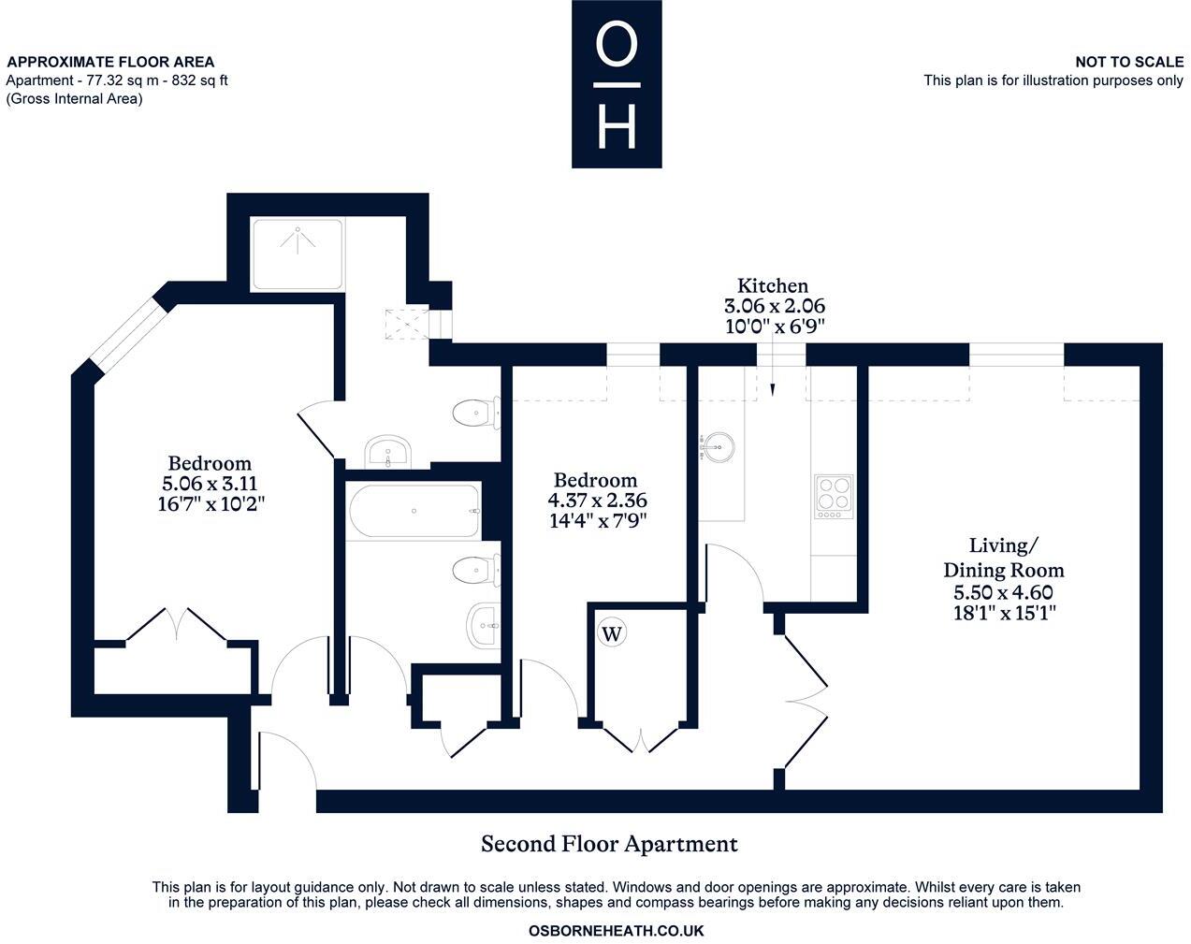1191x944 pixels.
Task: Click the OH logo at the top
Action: pos(617,84)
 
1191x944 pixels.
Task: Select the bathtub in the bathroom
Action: pos(413,511)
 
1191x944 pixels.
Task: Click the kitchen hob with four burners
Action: pos(833,496)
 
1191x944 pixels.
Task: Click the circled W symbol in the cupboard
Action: pos(612,633)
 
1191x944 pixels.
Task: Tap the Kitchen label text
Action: pos(772,285)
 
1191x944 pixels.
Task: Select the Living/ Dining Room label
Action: pos(1003,558)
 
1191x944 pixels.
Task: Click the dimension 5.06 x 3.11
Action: pos(210,484)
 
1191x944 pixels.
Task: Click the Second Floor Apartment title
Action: pos(609,844)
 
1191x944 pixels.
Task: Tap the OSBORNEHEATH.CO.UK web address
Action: pos(616,931)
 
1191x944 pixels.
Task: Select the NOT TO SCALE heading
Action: pos(1128,62)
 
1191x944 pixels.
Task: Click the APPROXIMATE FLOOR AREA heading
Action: pos(110,62)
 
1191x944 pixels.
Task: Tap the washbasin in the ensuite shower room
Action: pos(386,452)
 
